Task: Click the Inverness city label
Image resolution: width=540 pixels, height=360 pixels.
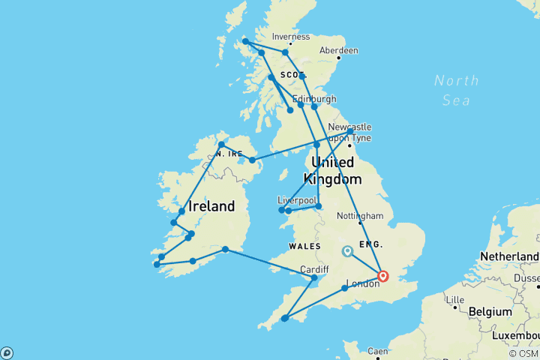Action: tap(291, 36)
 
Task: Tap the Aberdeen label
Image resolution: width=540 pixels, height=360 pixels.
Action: tap(339, 51)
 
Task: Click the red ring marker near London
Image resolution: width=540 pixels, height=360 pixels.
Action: tap(383, 276)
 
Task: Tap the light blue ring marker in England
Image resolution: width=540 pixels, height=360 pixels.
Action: tap(346, 251)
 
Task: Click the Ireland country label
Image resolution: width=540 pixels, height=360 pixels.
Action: tap(211, 206)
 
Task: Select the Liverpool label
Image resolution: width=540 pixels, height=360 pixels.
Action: tap(297, 201)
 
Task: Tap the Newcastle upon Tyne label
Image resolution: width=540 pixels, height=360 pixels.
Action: tap(349, 133)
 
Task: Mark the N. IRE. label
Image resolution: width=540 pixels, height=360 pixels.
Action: tap(228, 153)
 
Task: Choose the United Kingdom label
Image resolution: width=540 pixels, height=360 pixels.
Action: tap(333, 171)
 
